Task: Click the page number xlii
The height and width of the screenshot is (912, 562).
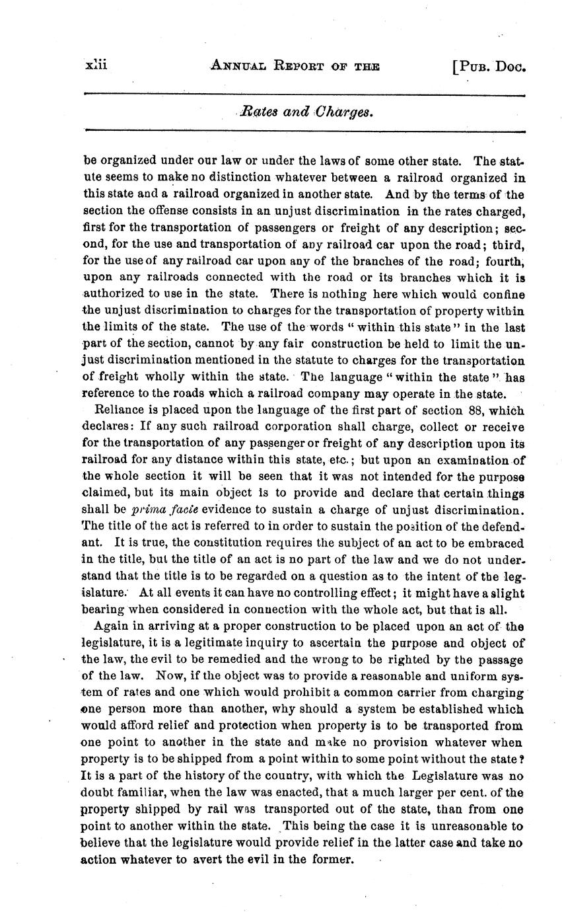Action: [x=96, y=65]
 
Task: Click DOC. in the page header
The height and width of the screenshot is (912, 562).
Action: [x=511, y=65]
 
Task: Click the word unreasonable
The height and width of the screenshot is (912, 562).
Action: [x=466, y=825]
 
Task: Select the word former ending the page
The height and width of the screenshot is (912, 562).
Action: [x=335, y=859]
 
